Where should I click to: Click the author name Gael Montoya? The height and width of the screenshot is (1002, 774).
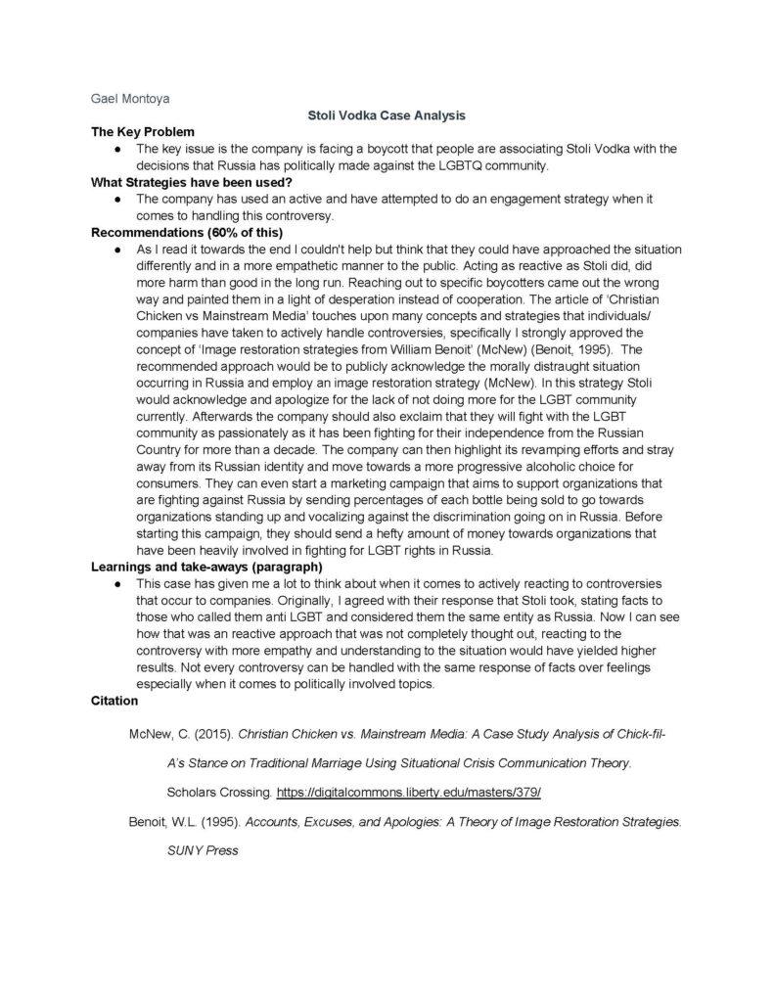(123, 99)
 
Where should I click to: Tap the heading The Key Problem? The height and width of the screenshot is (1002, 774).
(143, 132)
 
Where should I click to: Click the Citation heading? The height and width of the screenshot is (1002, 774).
(114, 701)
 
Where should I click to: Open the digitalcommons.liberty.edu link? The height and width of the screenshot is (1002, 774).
(409, 791)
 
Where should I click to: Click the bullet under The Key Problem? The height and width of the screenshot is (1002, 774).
(117, 149)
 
